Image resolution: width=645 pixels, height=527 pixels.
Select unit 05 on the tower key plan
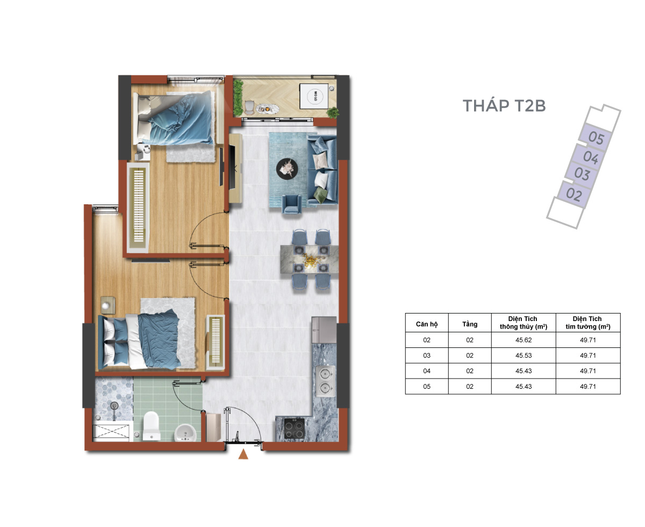point(596,138)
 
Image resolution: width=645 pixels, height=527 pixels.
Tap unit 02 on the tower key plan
point(573,194)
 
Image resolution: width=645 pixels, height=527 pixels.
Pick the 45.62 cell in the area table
point(523,340)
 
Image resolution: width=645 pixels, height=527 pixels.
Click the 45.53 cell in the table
point(523,355)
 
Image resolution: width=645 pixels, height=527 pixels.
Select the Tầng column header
point(469,324)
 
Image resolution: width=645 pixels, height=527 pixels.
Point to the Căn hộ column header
point(426,324)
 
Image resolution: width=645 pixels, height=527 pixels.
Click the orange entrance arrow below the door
point(243,454)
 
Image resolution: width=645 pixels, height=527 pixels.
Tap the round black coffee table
point(286,168)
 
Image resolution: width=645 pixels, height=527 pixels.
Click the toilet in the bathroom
point(152,425)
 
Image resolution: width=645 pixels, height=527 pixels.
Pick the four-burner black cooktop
point(294,428)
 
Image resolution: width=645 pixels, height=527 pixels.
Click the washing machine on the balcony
point(314,96)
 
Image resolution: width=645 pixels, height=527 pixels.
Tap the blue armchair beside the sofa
point(291,204)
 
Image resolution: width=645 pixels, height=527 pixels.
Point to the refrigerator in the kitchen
point(324,330)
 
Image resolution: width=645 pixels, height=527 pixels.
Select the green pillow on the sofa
point(320,195)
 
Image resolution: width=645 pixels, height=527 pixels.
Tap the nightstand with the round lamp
point(108,305)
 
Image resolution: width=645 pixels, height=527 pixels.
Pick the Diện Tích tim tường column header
point(587,322)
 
